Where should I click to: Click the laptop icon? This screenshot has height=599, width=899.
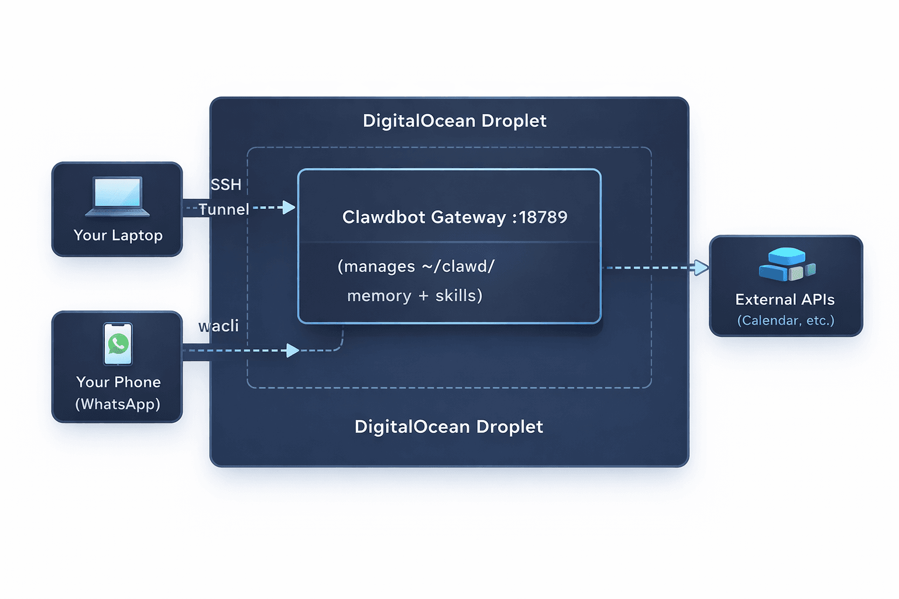pos(117,197)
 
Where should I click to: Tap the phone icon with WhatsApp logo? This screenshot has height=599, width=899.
pos(118,344)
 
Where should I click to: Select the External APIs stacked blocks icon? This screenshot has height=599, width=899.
pos(787,264)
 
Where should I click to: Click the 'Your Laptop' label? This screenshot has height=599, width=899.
pos(118,235)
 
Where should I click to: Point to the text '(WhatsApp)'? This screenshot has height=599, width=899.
pos(118,404)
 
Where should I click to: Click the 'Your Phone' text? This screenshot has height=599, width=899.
pos(118,382)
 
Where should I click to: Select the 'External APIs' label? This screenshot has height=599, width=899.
pos(785,299)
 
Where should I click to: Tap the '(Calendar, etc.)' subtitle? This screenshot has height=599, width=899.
pos(785,321)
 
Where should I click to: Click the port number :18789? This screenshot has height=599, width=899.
pos(540,217)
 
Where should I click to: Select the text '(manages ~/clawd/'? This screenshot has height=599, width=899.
pos(416,266)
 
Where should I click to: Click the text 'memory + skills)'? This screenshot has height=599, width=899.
pos(414,296)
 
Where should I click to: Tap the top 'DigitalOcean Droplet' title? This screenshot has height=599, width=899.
pos(454,121)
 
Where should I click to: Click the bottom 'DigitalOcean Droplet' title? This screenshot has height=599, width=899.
pos(448,426)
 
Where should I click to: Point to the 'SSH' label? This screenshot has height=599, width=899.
pos(226,185)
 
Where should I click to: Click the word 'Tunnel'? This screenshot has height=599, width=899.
pos(224,209)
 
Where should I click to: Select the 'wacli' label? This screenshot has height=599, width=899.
pos(218,326)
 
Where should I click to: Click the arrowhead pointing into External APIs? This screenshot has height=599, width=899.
pos(701,268)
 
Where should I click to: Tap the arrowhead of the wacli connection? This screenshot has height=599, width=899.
pos(293,350)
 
